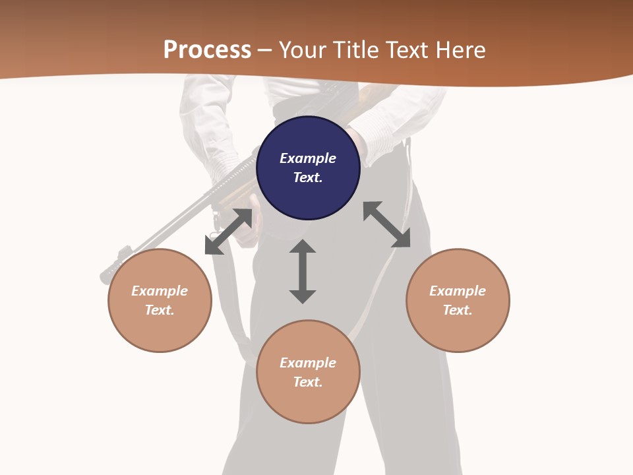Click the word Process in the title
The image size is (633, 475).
click(x=207, y=50)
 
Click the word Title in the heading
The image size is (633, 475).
click(x=356, y=50)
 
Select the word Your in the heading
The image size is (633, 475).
click(x=303, y=50)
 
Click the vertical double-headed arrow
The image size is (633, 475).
click(x=303, y=271)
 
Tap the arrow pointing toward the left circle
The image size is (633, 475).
click(x=228, y=232)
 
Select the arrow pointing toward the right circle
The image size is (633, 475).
click(x=386, y=224)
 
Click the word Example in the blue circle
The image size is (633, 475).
click(x=308, y=158)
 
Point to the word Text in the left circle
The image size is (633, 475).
click(x=160, y=310)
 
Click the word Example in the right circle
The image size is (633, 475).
click(x=458, y=291)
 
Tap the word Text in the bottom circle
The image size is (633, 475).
click(x=308, y=382)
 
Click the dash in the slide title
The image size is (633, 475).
click(x=265, y=50)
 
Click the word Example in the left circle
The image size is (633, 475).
click(x=160, y=291)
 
